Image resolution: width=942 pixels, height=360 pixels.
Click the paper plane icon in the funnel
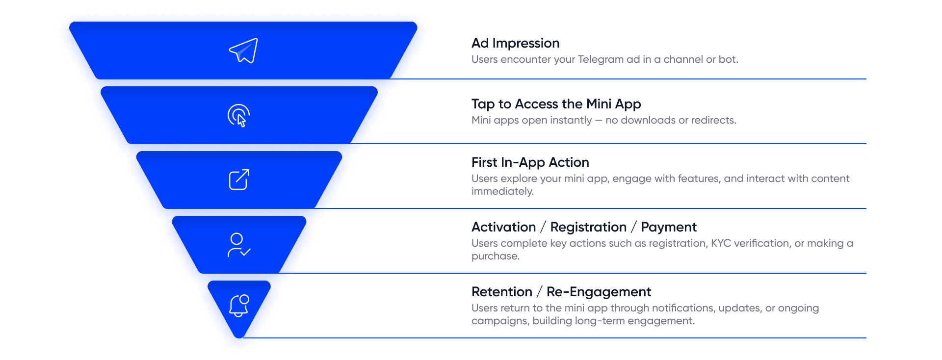click(x=243, y=51)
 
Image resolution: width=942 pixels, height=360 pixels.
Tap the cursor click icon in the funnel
click(x=239, y=116)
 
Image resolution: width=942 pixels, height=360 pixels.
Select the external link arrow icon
click(x=239, y=180)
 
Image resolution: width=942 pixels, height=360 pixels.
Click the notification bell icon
click(x=239, y=306)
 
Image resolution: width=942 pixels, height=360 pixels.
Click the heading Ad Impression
click(x=515, y=43)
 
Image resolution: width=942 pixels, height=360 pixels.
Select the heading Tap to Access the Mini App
click(x=556, y=104)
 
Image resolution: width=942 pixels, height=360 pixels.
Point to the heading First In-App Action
click(x=530, y=162)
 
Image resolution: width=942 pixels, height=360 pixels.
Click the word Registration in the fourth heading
click(x=588, y=227)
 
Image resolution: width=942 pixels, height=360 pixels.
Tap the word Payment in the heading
click(x=668, y=227)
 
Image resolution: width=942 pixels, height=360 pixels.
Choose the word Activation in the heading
click(x=503, y=227)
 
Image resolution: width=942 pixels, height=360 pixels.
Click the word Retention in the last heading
click(x=501, y=292)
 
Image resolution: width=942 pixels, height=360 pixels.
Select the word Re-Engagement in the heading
click(x=599, y=292)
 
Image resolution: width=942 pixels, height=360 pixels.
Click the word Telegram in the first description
click(x=601, y=59)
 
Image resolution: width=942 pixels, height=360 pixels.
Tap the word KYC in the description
click(x=721, y=243)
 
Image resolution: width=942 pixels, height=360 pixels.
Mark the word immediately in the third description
click(x=502, y=191)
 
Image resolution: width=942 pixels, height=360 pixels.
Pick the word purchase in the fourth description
click(x=495, y=256)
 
